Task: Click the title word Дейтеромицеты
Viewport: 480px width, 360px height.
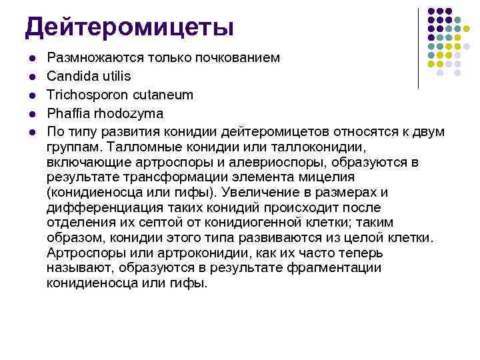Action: [129, 27]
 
